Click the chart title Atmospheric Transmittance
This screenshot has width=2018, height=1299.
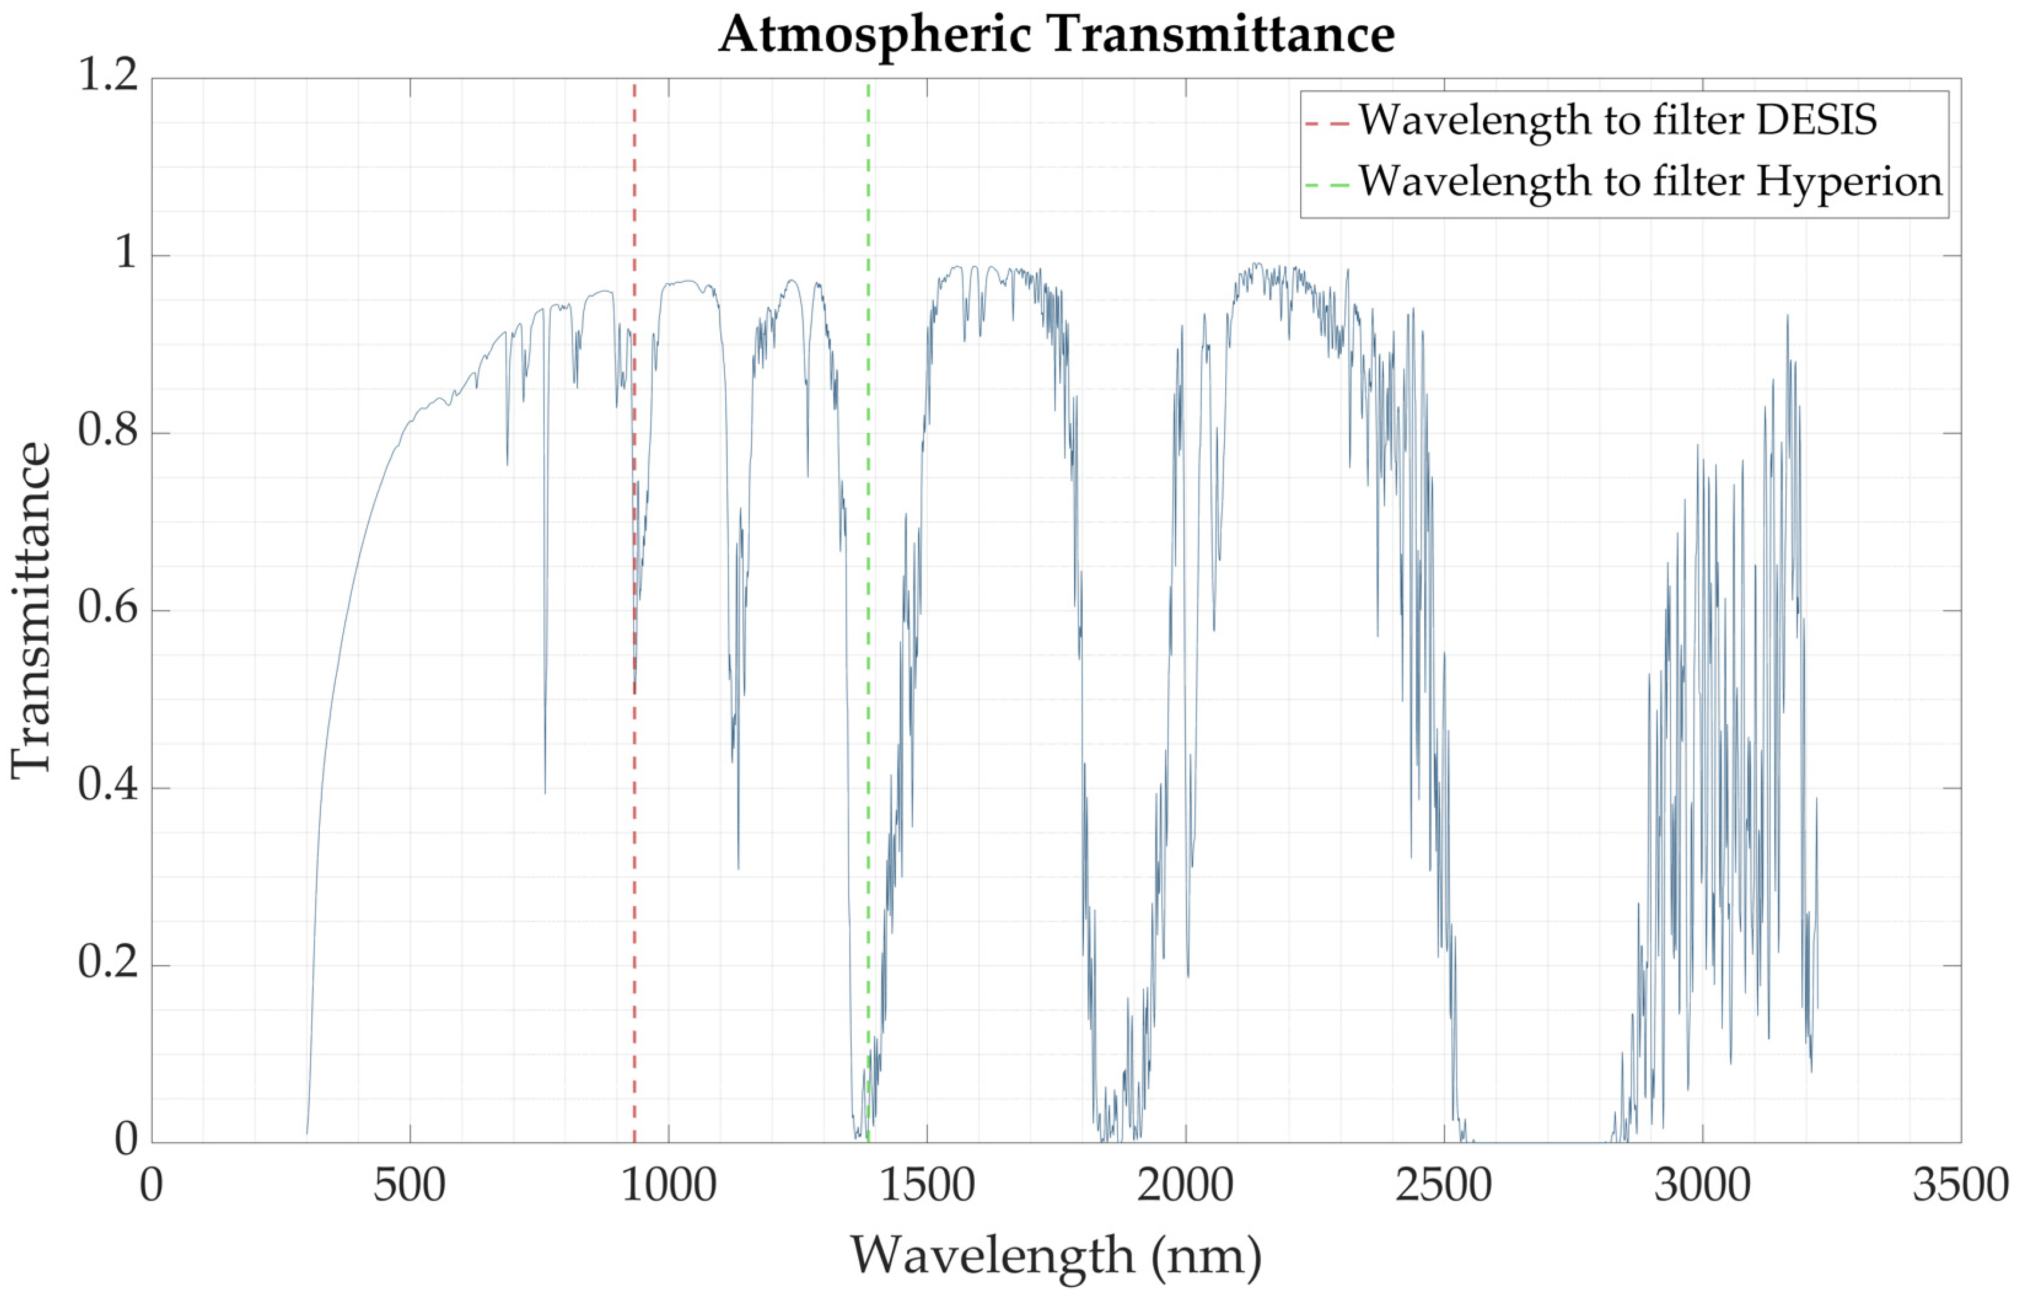pyautogui.click(x=1056, y=35)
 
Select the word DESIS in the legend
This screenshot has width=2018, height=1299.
pyautogui.click(x=1817, y=120)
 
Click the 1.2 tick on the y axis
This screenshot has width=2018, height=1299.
pyautogui.click(x=108, y=76)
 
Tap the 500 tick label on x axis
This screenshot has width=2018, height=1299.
pyautogui.click(x=410, y=1186)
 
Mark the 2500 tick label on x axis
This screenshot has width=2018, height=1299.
pyautogui.click(x=1444, y=1186)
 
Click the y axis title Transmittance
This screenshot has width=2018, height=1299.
pyautogui.click(x=32, y=609)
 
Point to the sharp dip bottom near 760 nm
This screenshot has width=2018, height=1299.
pyautogui.click(x=545, y=791)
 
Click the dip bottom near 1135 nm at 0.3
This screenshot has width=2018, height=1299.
pyautogui.click(x=738, y=867)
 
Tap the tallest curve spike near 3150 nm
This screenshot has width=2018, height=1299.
pyautogui.click(x=1786, y=317)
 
